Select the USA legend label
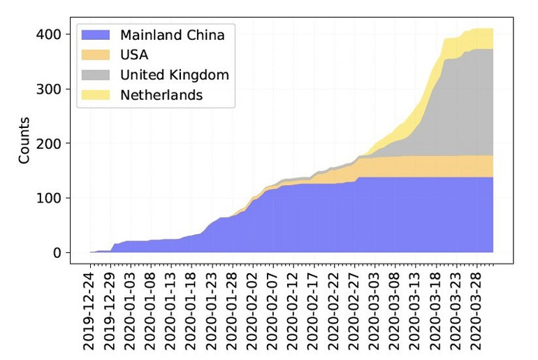pos(133,55)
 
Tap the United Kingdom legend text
pos(174,75)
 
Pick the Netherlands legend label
pos(161,95)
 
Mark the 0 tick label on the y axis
pos(57,252)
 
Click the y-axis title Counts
pos(24,144)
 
